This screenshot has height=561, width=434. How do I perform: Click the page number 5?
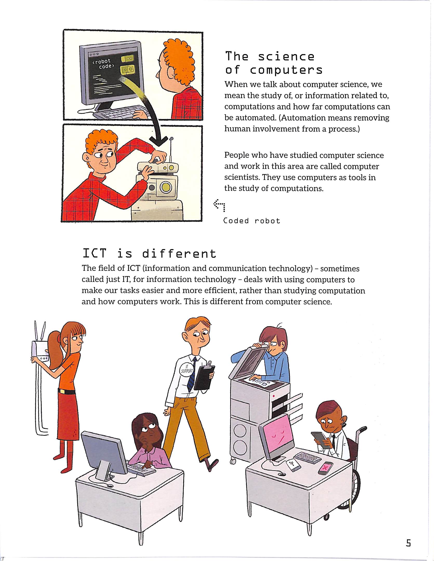pos(408,543)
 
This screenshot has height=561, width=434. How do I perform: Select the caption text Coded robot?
pos(252,221)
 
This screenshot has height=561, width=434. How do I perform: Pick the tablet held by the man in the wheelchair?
pos(321,440)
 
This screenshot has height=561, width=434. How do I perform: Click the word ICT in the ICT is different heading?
pos(94,253)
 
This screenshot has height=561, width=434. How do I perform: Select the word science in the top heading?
pos(286,57)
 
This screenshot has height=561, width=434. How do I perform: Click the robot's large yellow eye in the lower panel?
pos(166,188)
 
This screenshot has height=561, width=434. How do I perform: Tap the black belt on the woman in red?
pos(66,391)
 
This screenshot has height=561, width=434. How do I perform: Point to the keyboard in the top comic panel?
pos(121,112)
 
